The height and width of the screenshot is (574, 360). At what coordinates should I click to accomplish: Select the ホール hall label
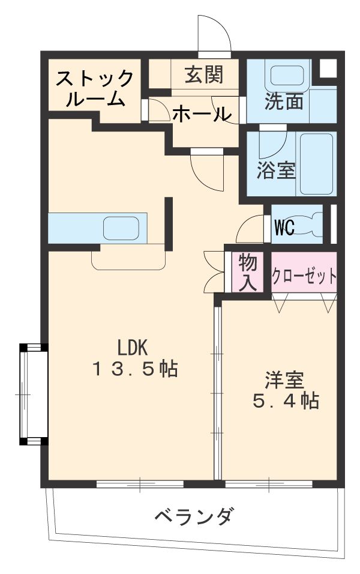(202, 113)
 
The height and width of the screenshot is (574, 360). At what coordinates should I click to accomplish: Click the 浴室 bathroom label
(276, 171)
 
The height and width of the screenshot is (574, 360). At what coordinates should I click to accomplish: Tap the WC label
(284, 228)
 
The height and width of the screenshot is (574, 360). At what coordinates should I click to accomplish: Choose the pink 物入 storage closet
(248, 272)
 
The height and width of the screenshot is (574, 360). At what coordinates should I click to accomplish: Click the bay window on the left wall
(33, 394)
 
